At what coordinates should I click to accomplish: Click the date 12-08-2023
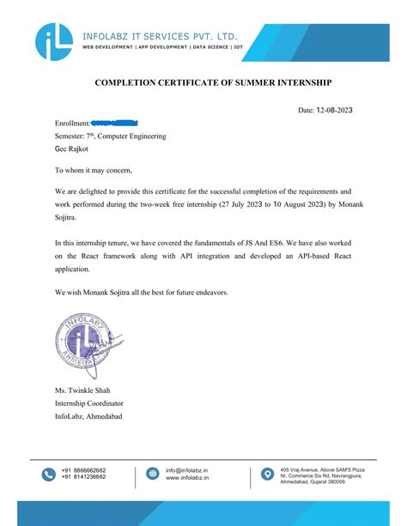pyautogui.click(x=333, y=111)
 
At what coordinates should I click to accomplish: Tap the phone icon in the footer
pyautogui.click(x=48, y=474)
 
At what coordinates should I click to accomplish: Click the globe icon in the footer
pyautogui.click(x=152, y=474)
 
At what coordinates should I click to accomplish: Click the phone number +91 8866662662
pyautogui.click(x=84, y=470)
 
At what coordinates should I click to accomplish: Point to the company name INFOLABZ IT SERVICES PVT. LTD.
pyautogui.click(x=159, y=37)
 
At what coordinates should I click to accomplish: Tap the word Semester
pyautogui.click(x=72, y=136)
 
